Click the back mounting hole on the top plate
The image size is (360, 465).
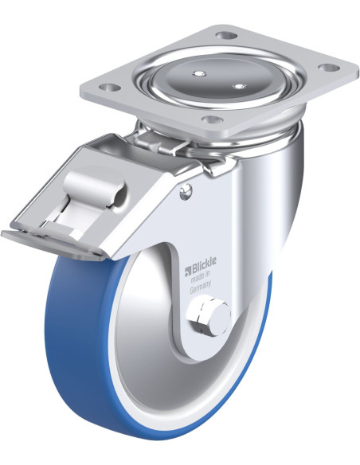(x=227, y=36)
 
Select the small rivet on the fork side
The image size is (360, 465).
(x=186, y=190)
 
